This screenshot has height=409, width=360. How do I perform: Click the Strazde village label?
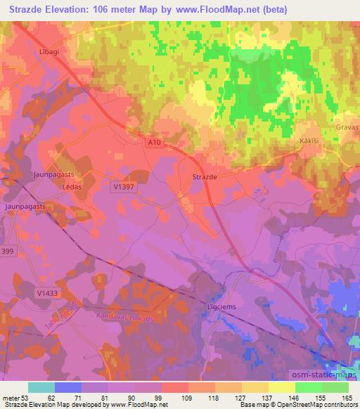(x=205, y=178)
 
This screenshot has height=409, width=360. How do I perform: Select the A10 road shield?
(x=155, y=143)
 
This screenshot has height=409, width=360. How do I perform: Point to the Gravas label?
(x=347, y=128)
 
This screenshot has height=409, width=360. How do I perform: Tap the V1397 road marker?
(x=123, y=187)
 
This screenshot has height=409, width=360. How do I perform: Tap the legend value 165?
(x=348, y=397)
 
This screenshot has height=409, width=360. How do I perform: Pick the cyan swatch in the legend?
(x=41, y=387)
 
